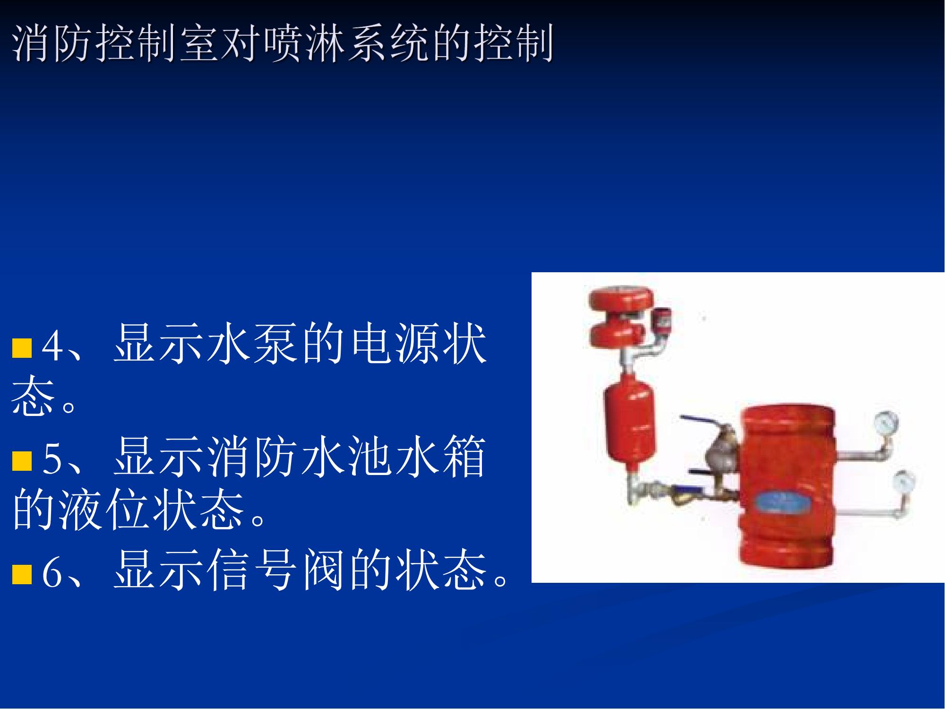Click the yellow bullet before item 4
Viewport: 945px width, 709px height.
[x=22, y=348]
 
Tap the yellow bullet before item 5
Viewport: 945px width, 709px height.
[x=22, y=461]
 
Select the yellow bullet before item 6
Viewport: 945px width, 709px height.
[x=22, y=575]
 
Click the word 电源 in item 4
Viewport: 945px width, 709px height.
[x=395, y=343]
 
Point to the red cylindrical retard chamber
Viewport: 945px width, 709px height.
[x=630, y=423]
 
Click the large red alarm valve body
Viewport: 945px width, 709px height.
[x=786, y=487]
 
